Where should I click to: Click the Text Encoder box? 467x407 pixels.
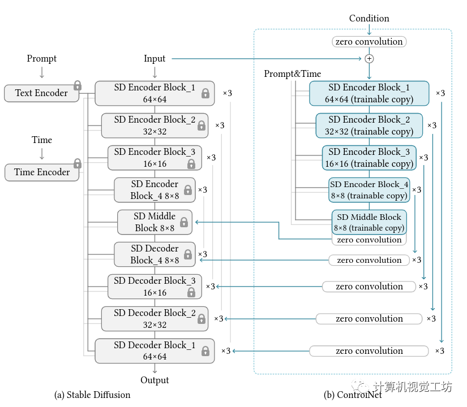coord(41,93)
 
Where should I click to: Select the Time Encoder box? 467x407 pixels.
coord(42,172)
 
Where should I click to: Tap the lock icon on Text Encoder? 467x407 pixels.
coord(78,85)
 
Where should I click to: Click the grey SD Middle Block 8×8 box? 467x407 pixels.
coord(155,222)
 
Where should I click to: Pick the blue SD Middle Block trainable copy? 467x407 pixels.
coord(369,222)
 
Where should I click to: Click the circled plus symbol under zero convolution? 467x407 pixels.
coord(369,58)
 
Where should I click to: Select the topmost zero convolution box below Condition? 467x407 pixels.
coord(369,41)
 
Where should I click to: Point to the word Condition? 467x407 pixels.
coord(369,18)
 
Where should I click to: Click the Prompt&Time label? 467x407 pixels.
coord(292,73)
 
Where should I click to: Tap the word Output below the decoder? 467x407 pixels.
coord(155,380)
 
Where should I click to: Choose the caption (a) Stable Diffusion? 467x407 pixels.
coord(92,395)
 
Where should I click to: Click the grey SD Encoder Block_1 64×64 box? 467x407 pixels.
coord(155,93)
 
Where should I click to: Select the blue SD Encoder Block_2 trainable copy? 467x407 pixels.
coord(369,125)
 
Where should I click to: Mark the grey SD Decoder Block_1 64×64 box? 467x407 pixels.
coord(155,350)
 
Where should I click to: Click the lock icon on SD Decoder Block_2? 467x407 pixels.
coord(201,319)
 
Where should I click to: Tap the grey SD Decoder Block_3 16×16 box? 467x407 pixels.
coord(155,287)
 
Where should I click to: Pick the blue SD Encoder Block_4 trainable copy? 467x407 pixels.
coord(369,190)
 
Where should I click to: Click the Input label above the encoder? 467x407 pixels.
coord(155,58)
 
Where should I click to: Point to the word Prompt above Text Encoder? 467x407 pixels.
coord(42,58)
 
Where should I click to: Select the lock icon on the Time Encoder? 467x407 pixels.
coord(78,163)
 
